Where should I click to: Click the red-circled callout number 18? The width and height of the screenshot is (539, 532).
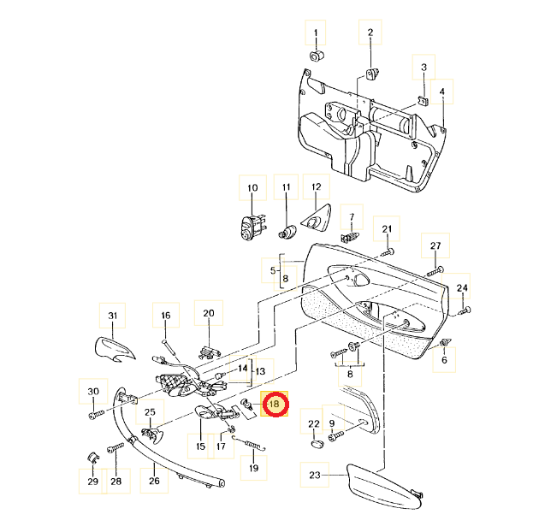(275, 404)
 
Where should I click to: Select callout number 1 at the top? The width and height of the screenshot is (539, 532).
(316, 33)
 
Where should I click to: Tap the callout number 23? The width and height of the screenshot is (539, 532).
(315, 475)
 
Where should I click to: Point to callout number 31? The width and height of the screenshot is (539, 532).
(113, 316)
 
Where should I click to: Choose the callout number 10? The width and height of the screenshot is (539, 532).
(252, 188)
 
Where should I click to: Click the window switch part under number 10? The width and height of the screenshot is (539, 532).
(252, 227)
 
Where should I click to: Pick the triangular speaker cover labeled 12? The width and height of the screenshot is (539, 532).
(317, 216)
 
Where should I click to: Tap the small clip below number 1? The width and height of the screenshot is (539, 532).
(317, 55)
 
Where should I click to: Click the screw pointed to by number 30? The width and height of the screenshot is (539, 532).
(96, 414)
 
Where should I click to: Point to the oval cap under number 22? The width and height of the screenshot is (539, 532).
(317, 444)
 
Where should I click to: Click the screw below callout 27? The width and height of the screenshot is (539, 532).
(435, 271)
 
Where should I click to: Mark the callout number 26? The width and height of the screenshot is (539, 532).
(154, 481)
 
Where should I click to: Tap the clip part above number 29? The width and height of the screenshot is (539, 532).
(92, 458)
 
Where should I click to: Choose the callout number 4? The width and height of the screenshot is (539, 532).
(442, 92)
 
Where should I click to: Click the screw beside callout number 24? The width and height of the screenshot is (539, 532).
(464, 311)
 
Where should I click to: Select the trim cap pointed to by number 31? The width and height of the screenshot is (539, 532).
(115, 350)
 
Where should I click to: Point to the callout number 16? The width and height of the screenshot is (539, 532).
(166, 315)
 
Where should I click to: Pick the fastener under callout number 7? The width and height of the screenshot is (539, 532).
(350, 237)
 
